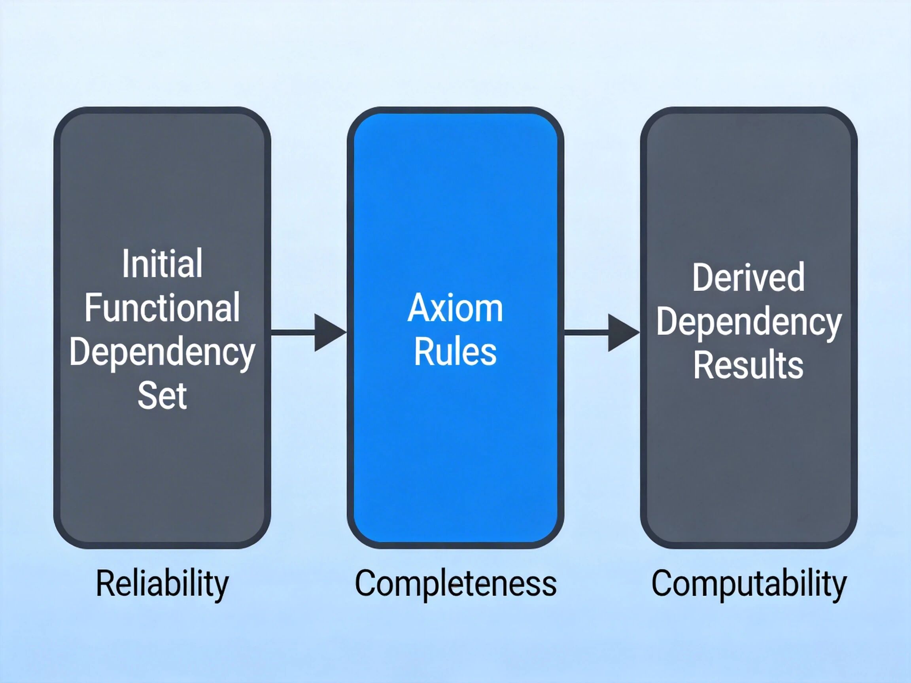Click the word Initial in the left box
click(162, 264)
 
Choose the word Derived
click(748, 277)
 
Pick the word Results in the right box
click(748, 364)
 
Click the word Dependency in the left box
click(162, 353)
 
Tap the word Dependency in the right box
click(748, 323)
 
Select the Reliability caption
click(162, 584)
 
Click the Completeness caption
click(455, 584)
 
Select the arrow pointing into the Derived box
click(602, 333)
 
